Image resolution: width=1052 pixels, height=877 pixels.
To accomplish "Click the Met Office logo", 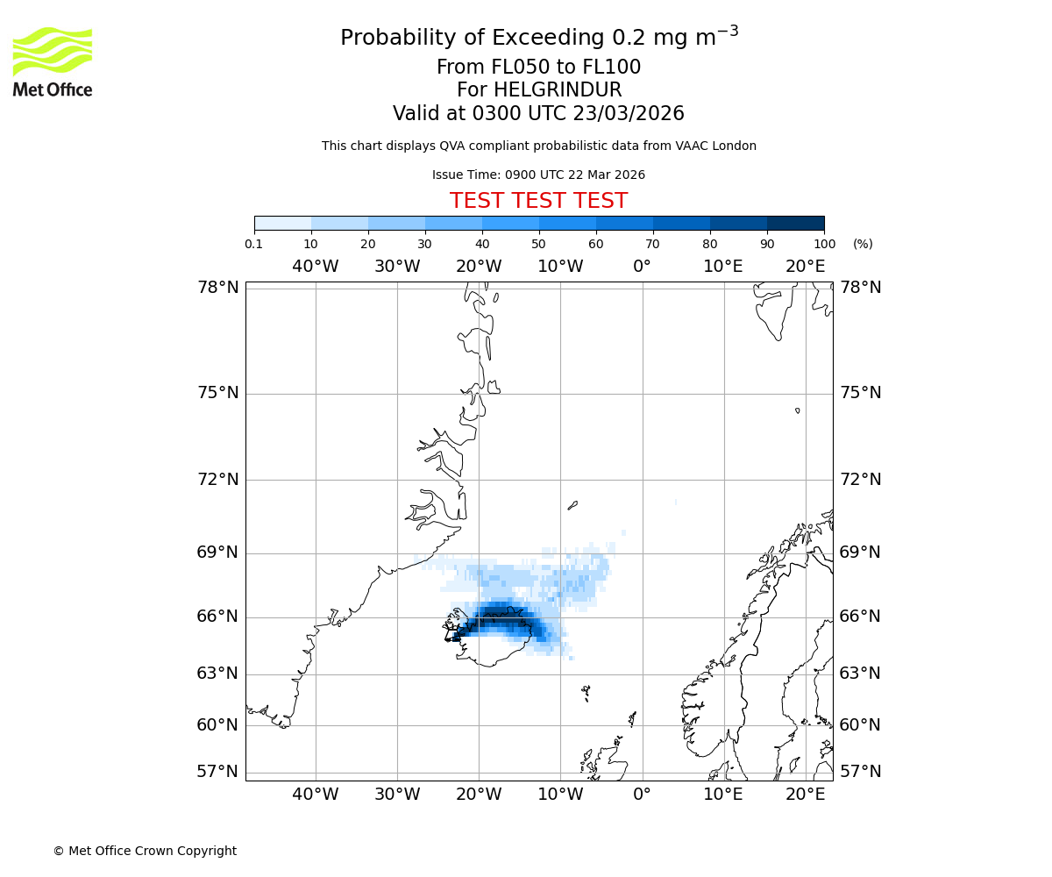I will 53,61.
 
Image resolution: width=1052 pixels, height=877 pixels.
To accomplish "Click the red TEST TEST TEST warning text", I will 538,202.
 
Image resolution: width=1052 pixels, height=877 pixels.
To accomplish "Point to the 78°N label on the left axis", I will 217,288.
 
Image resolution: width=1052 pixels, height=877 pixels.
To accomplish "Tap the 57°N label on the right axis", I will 860,772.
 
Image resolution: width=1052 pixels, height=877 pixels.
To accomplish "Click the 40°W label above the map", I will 315,267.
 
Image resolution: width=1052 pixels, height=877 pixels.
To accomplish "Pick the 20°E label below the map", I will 805,795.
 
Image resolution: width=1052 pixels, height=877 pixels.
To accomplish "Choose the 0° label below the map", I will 642,795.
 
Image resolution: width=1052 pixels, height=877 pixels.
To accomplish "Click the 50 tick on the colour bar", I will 538,244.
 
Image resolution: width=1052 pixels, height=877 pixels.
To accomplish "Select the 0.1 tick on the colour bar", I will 254,244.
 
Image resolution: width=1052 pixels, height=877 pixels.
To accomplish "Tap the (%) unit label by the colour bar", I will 863,244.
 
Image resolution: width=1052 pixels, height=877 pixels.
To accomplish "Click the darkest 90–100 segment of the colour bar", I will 795,223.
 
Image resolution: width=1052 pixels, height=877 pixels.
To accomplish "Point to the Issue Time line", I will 538,175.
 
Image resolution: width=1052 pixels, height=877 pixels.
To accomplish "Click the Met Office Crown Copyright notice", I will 145,852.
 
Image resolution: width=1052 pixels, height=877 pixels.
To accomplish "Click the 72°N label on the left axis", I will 217,480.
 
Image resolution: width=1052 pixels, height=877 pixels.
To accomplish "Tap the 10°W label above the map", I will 560,267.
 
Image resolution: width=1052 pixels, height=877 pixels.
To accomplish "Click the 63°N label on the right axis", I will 860,674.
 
